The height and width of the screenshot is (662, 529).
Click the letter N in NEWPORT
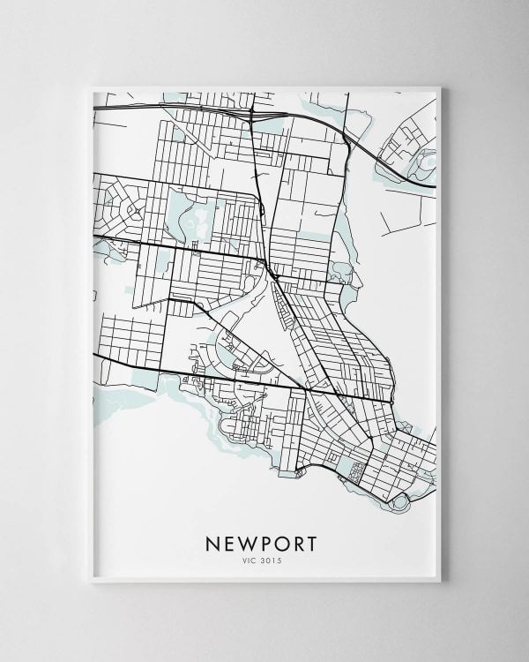click(x=212, y=539)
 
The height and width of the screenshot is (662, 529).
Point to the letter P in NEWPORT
click(x=265, y=539)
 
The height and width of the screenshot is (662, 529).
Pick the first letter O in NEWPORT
click(x=282, y=539)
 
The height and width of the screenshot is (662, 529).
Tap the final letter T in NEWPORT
click(x=317, y=539)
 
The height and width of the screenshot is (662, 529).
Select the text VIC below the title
click(x=250, y=557)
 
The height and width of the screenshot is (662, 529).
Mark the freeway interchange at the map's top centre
click(x=252, y=114)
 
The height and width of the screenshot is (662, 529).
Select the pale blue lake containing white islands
click(x=195, y=213)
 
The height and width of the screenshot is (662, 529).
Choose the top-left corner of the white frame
click(x=91, y=86)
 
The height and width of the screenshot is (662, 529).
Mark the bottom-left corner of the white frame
click(x=91, y=582)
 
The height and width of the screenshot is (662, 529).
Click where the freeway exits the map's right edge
click(x=436, y=187)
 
